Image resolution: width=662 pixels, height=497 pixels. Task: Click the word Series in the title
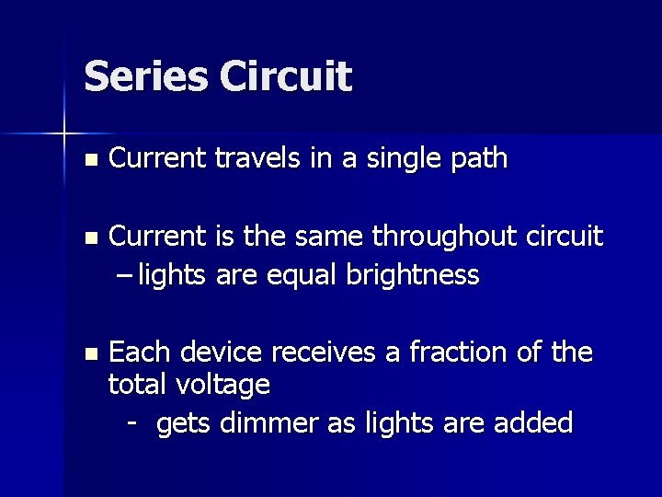145,76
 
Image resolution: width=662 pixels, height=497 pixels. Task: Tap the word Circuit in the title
285,76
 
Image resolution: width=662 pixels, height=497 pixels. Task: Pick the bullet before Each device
88,353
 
